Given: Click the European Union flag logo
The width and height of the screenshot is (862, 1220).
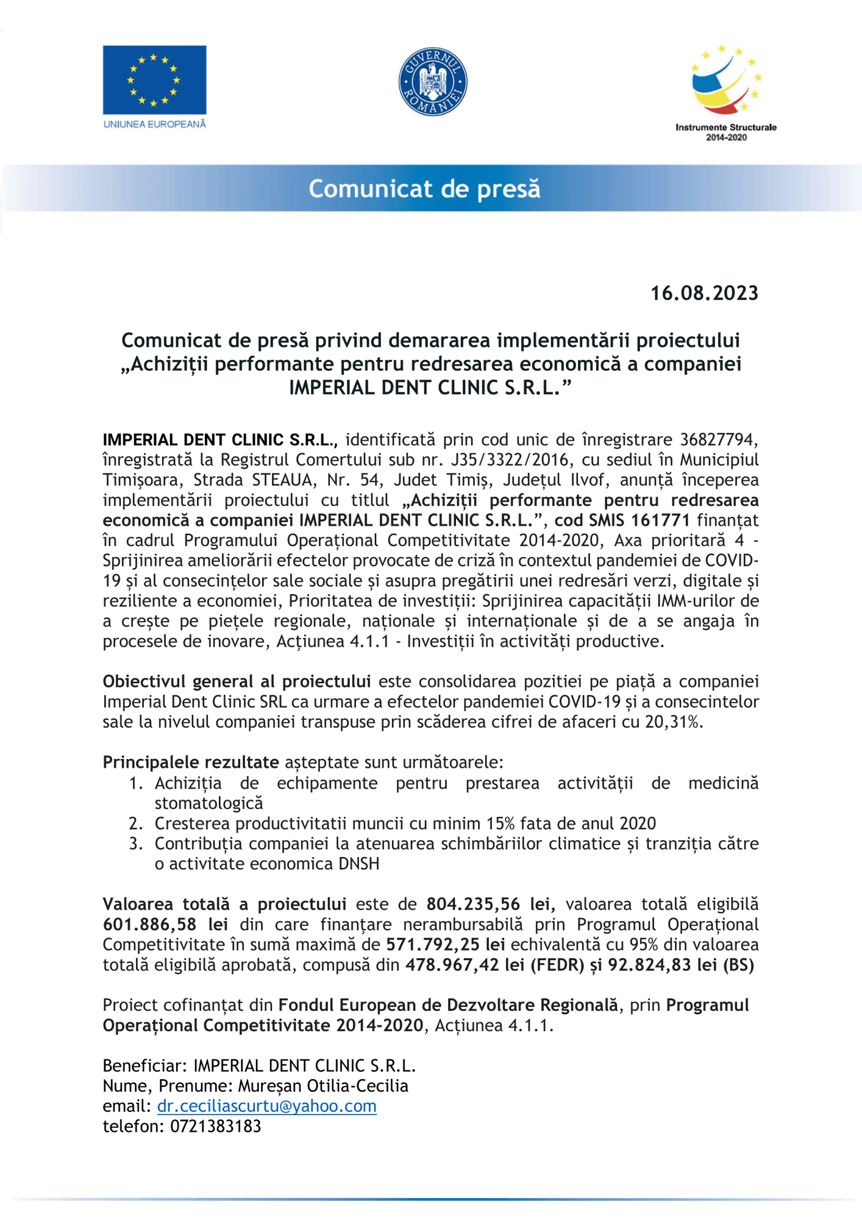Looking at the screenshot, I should (154, 80).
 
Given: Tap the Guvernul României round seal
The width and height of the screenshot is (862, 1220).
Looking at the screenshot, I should (433, 82).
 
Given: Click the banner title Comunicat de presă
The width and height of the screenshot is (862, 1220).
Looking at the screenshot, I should (424, 188).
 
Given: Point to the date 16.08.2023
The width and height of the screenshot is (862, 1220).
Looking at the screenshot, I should (704, 293).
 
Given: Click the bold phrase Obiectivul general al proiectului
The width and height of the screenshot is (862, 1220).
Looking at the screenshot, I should (237, 681).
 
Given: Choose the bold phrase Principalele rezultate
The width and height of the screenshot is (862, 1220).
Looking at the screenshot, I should (190, 762).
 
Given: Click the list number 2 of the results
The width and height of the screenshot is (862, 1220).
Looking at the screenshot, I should (135, 823).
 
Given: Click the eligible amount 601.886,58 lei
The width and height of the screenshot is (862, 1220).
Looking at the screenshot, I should (165, 924).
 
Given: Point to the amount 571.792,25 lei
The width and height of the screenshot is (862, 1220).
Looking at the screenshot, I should (446, 944).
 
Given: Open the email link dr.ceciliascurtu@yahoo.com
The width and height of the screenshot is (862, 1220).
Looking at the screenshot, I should (266, 1106).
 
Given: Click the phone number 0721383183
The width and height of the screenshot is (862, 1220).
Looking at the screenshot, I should (216, 1126).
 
